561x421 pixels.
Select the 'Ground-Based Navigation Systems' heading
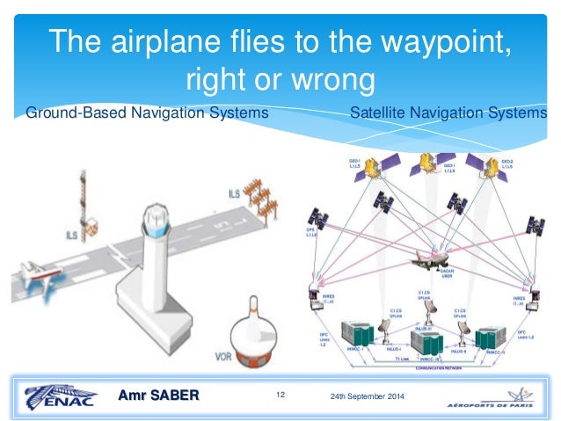point(147,113)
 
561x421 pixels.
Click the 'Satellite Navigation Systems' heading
point(448,113)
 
